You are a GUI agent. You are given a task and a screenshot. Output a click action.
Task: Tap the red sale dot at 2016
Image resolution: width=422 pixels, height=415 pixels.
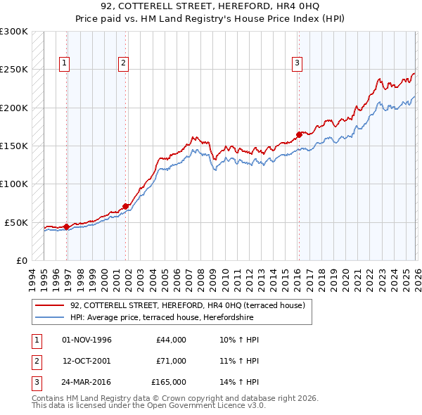[x=299, y=134]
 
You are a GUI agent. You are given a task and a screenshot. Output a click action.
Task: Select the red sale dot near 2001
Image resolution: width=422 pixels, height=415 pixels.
[x=126, y=206]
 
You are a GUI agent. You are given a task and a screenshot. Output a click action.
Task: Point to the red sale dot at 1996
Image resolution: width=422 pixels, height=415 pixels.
[x=66, y=226]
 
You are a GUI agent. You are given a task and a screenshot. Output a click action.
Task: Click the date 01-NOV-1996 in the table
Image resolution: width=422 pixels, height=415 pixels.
[x=87, y=340]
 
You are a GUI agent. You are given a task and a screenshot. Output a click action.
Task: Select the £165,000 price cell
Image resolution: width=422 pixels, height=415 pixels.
[x=169, y=382]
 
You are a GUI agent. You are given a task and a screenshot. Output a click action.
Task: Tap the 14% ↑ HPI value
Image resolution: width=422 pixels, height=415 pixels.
[x=239, y=382]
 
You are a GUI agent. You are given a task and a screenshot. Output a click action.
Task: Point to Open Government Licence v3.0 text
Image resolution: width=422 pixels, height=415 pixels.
[x=203, y=406]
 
